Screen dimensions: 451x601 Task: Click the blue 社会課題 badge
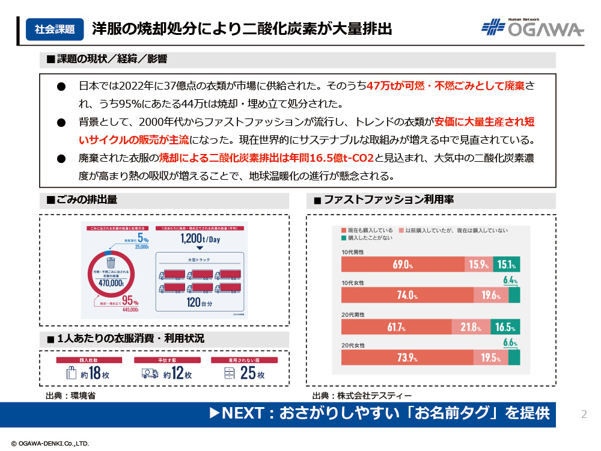55,28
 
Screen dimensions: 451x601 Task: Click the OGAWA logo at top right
532,28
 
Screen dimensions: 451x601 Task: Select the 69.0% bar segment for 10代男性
403,264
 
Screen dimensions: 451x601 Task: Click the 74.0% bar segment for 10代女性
407,295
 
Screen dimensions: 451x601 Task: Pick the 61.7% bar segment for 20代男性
396,327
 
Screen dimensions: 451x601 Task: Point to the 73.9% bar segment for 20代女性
407,358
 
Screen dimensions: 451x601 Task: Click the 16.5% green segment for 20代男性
505,327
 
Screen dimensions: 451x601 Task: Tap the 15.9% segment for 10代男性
479,264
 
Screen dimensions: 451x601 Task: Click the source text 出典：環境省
70,396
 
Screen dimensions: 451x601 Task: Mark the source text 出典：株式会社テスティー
362,396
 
